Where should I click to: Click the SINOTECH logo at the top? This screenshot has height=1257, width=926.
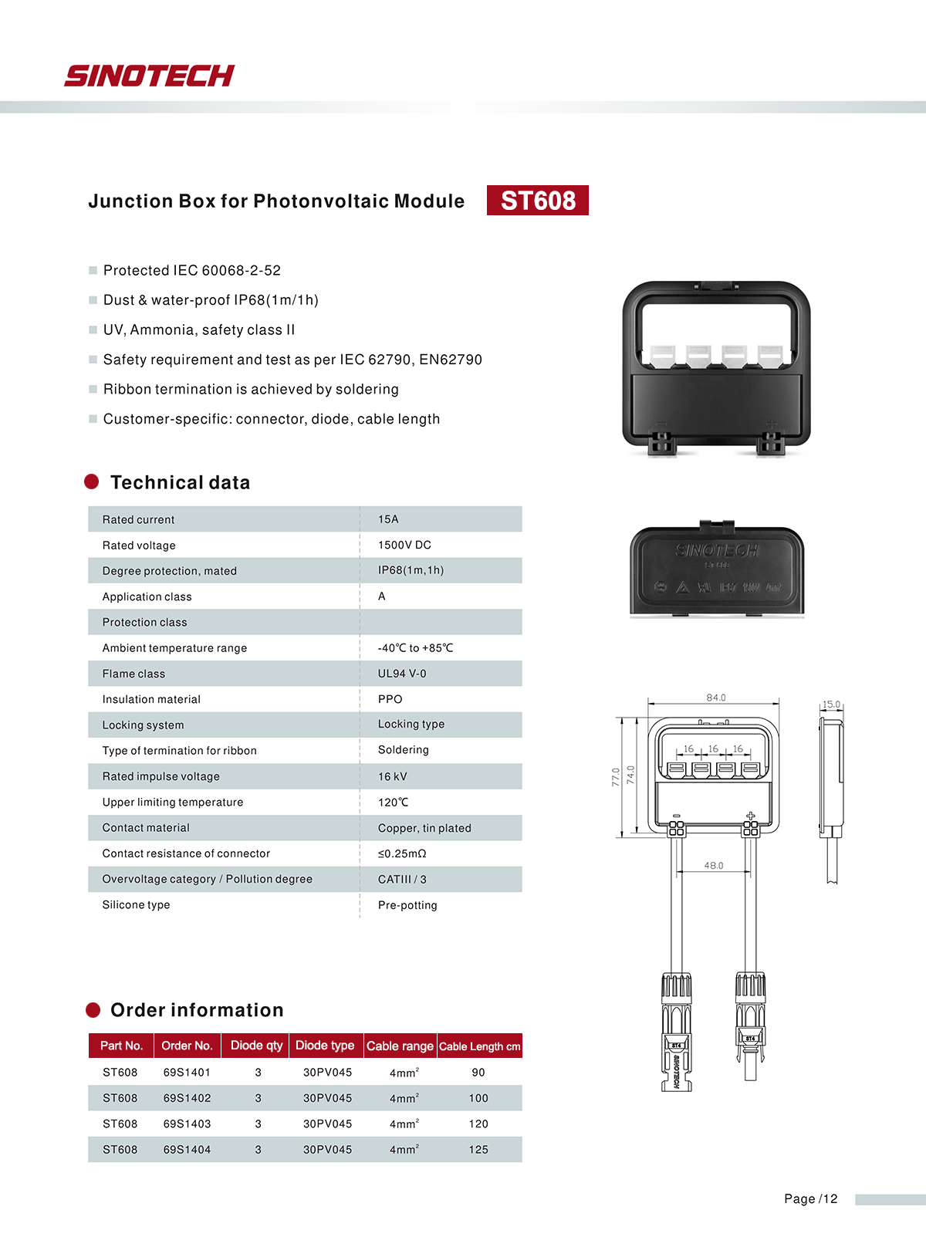click(149, 76)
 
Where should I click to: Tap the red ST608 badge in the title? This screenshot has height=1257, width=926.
click(538, 201)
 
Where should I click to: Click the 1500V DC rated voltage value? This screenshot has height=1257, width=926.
click(404, 545)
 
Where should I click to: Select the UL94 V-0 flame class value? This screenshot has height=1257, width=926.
click(402, 674)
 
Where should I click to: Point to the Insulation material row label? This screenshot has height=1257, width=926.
click(151, 699)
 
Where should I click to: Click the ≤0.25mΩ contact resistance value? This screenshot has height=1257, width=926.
click(402, 853)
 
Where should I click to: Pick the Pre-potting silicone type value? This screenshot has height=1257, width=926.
click(407, 905)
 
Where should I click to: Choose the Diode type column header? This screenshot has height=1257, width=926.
click(325, 1046)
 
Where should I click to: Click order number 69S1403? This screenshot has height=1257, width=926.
click(187, 1124)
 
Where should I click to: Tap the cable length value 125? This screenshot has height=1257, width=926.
click(478, 1150)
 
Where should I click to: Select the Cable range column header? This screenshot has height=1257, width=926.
click(400, 1046)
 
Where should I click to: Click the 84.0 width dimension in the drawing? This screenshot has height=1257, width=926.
click(716, 698)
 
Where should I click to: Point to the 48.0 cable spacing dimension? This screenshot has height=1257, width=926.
click(714, 866)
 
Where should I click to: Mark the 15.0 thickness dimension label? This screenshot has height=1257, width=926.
click(831, 705)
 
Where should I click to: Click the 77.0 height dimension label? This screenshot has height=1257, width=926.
click(616, 776)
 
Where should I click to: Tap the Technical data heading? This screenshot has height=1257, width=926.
click(180, 483)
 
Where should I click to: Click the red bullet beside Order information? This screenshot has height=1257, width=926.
click(93, 1010)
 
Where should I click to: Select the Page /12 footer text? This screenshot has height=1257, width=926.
click(810, 1199)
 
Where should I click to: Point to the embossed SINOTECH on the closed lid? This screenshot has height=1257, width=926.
click(717, 550)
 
